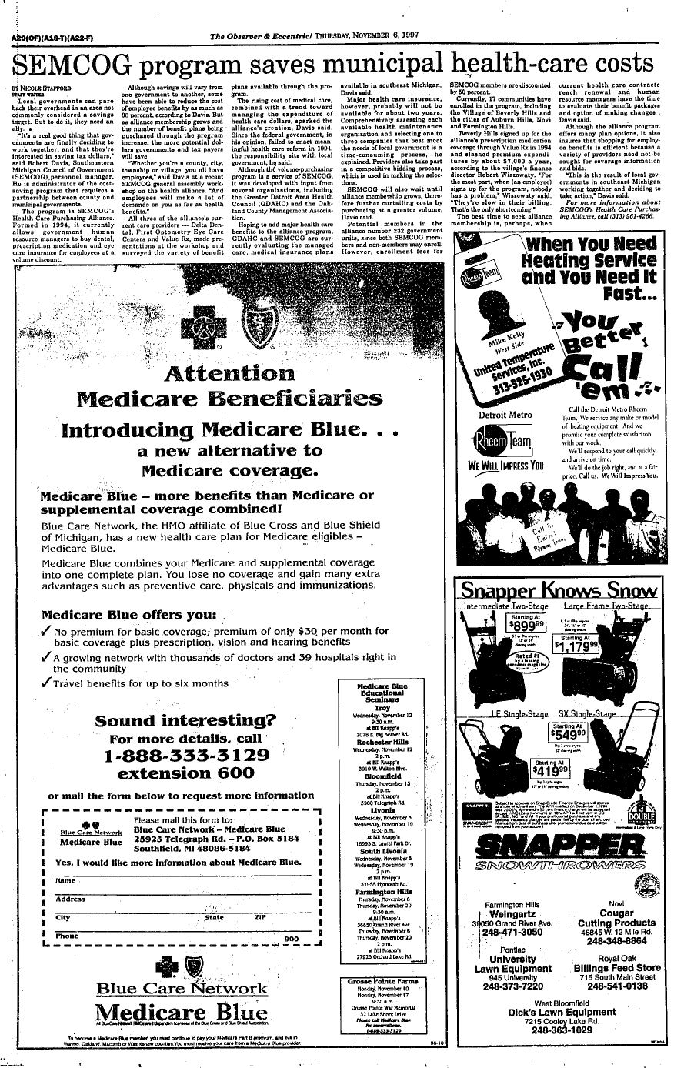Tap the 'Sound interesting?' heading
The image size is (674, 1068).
[x=185, y=721]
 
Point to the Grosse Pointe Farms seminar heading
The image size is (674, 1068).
[x=382, y=983]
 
